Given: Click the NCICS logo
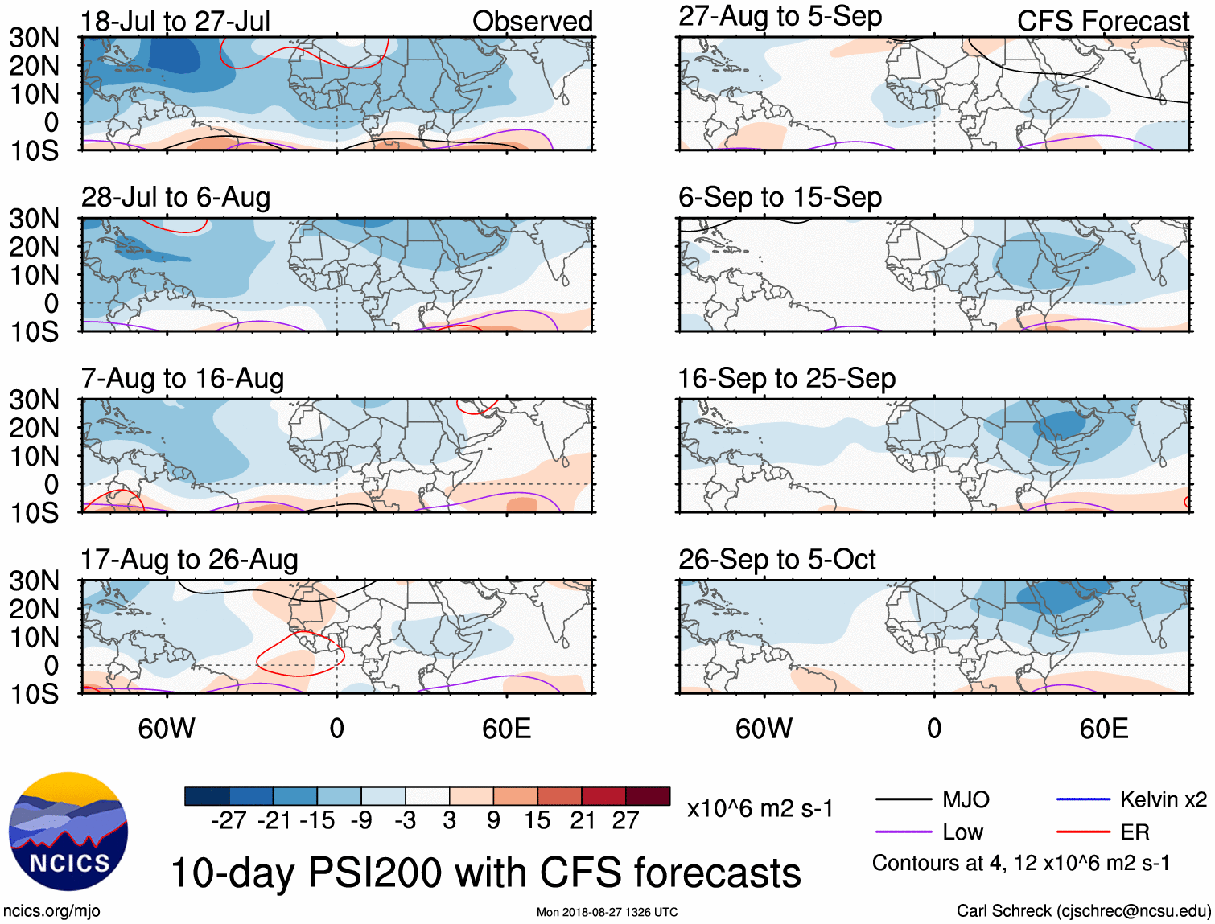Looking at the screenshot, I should click(x=68, y=832).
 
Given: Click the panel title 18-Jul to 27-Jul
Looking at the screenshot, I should click(x=175, y=21).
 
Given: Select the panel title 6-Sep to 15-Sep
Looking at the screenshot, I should click(x=780, y=197).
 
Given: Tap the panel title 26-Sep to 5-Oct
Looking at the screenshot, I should click(x=776, y=559).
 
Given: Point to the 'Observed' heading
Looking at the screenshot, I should click(x=532, y=21).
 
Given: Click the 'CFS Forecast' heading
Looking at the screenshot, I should click(x=1102, y=21).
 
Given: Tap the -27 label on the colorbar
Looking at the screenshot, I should click(x=229, y=820).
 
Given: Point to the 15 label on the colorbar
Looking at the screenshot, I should click(x=537, y=820).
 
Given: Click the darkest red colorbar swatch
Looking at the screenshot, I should click(x=648, y=796).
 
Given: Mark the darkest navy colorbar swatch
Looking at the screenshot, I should click(x=207, y=796).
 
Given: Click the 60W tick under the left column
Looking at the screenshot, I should click(x=167, y=729).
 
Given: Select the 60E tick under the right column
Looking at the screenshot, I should click(x=1104, y=729).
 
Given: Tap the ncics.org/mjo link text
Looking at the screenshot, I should click(x=51, y=911).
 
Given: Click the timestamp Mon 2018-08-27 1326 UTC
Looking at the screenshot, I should click(x=607, y=912).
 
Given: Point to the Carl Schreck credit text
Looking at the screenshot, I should click(x=1083, y=911).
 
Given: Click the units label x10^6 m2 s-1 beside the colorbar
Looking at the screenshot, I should click(x=760, y=808).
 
